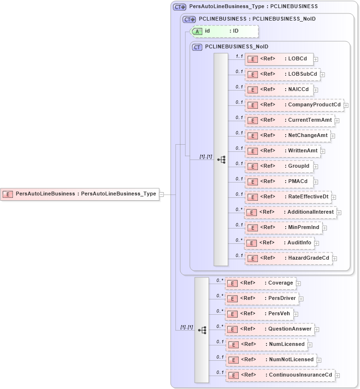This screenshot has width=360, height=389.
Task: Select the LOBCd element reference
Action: (x=279, y=59)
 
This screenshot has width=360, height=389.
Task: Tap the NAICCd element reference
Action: (x=279, y=90)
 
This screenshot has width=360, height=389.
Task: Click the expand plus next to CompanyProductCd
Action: (x=346, y=105)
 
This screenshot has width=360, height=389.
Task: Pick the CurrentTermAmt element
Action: (x=290, y=120)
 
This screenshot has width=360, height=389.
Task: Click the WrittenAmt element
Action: (x=282, y=151)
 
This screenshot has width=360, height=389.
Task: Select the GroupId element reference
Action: (x=279, y=166)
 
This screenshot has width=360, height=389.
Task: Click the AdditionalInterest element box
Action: (x=290, y=212)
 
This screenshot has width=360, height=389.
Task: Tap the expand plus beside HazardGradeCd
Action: (x=335, y=259)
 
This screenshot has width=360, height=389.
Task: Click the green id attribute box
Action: (x=224, y=31)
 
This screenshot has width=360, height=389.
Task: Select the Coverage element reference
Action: (x=260, y=283)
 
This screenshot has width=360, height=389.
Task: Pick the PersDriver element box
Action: (x=262, y=298)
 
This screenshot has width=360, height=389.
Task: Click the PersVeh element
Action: (x=259, y=314)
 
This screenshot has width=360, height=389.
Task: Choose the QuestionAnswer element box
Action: (x=269, y=329)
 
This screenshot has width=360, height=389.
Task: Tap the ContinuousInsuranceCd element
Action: (x=280, y=375)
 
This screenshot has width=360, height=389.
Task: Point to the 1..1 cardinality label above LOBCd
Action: (x=239, y=57)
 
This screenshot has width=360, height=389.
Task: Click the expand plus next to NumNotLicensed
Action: (x=319, y=360)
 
